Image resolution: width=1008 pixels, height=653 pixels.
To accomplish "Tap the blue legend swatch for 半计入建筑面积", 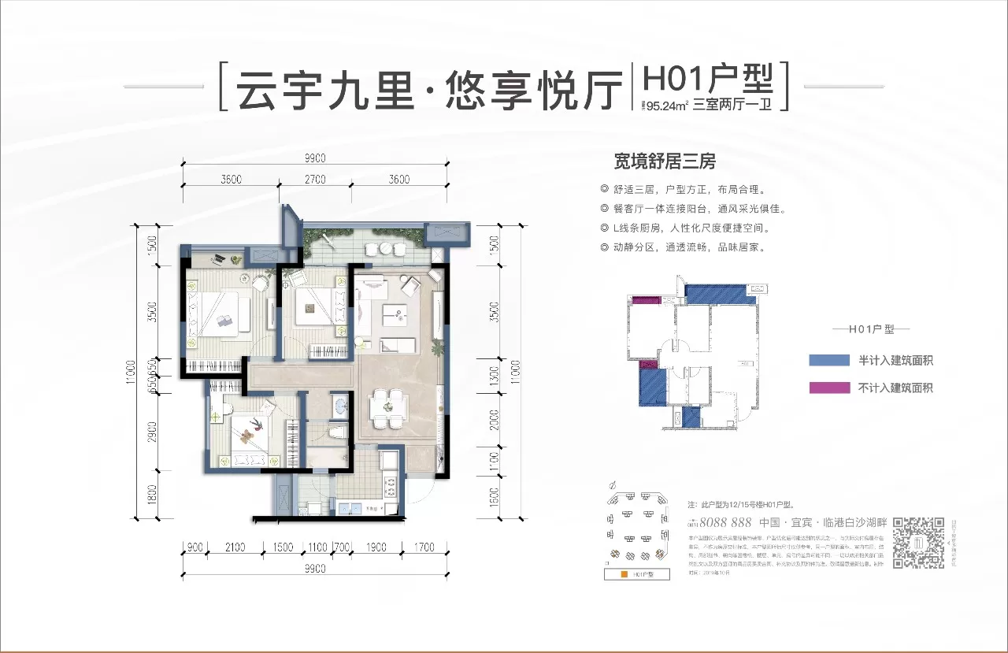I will [828, 361].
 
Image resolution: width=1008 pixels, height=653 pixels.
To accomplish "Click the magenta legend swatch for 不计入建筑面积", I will [828, 388].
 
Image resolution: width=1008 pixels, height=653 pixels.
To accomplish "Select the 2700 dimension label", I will [315, 180].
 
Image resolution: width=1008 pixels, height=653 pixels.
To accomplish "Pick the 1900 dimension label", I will [375, 547].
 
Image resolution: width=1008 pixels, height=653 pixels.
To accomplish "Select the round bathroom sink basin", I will [339, 406].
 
